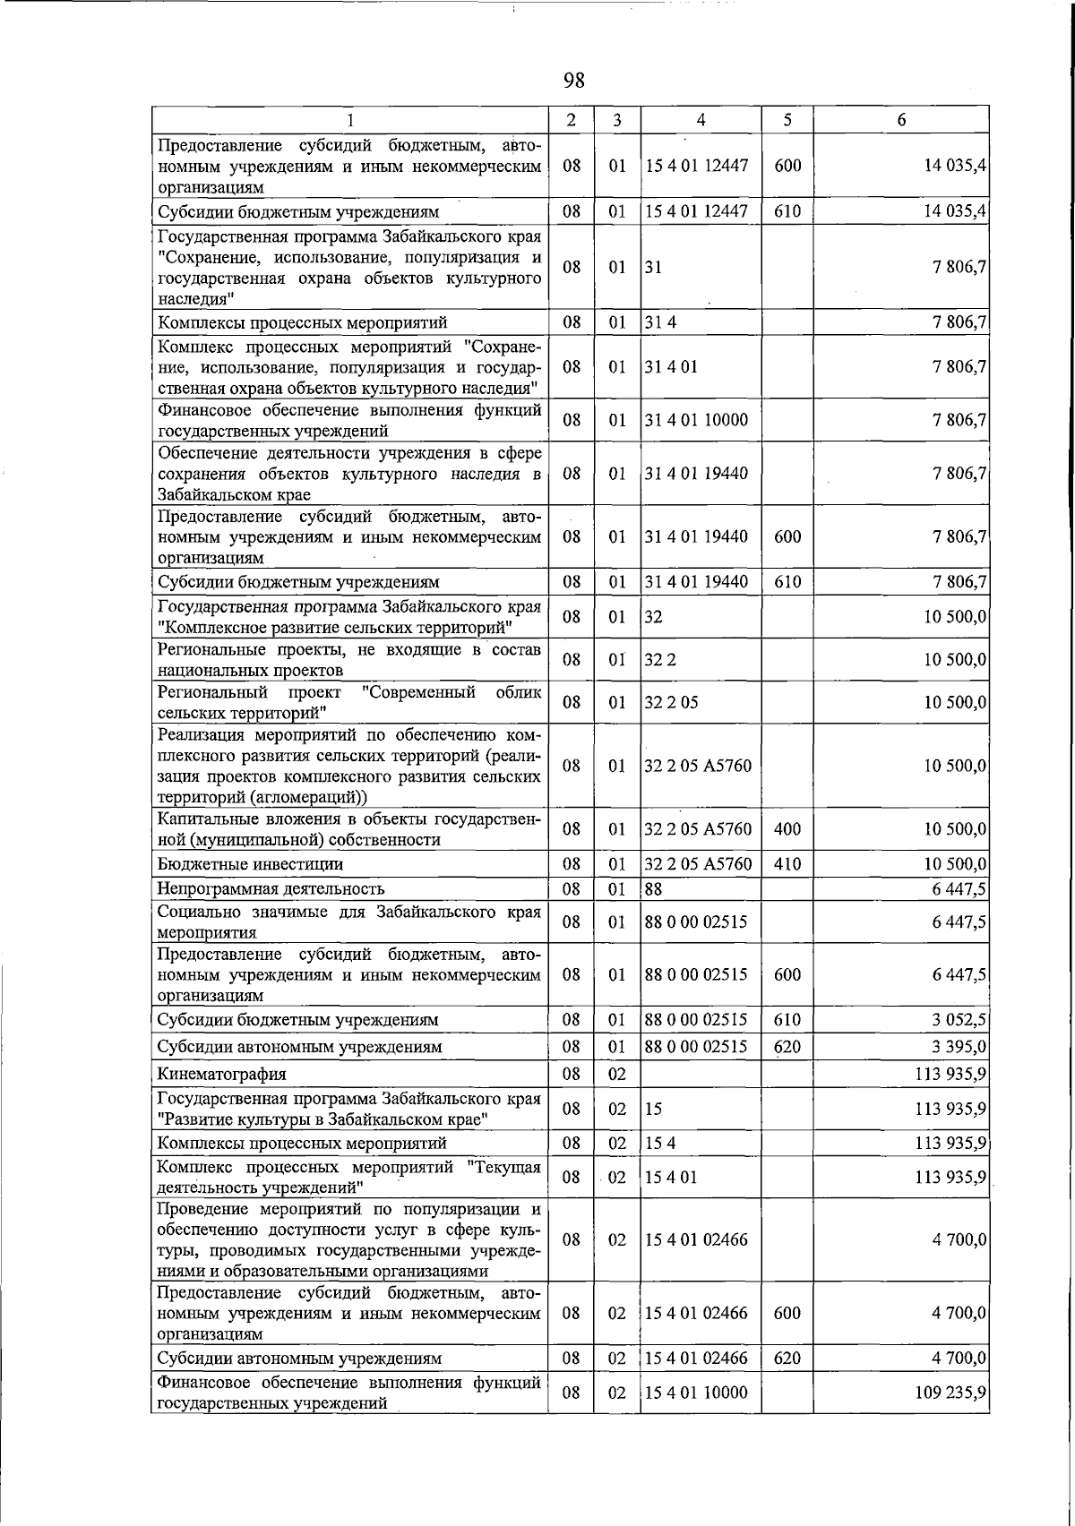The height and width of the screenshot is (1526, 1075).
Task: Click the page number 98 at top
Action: tap(574, 81)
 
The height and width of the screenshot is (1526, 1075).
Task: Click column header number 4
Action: tap(701, 120)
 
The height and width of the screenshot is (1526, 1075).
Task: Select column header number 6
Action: tap(901, 120)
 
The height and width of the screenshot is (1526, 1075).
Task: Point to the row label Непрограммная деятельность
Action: tap(271, 888)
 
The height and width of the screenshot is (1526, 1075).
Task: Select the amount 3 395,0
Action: tap(960, 1047)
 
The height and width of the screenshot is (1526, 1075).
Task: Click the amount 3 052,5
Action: tap(960, 1020)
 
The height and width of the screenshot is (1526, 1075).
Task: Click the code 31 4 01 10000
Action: tap(696, 420)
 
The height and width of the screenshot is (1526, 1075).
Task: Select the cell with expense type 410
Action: tap(787, 864)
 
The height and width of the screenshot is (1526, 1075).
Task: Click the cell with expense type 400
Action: tap(787, 829)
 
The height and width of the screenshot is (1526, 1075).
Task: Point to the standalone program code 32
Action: tap(653, 617)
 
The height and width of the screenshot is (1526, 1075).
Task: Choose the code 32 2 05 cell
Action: tap(671, 703)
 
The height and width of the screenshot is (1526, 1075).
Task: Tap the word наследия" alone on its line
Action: tap(195, 299)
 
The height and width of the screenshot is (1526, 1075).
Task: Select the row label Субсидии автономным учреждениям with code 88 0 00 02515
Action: tap(299, 1047)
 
